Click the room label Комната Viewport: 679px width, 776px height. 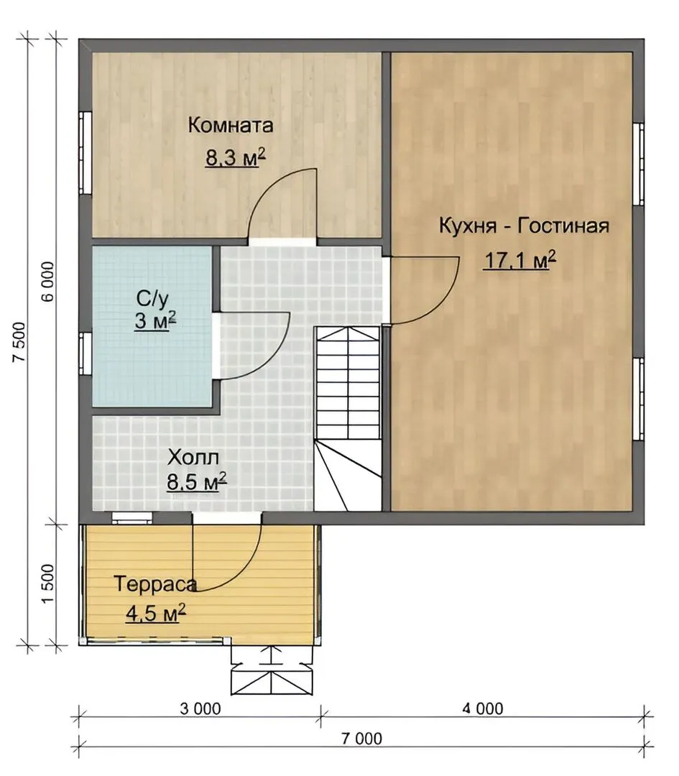230,125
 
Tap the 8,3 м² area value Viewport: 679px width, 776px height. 236,158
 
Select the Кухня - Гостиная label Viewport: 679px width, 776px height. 524,226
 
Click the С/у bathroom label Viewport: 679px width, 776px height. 152,298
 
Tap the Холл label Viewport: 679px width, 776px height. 193,458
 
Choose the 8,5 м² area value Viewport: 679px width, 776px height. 196,481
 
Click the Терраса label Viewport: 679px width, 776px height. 155,584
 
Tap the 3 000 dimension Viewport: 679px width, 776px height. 200,708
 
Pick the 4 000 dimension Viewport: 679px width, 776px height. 483,708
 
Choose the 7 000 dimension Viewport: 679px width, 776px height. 361,739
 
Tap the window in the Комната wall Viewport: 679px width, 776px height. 85,152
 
